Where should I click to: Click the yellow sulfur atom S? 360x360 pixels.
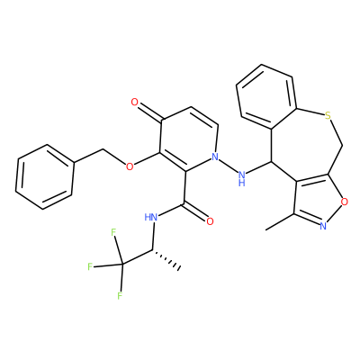(328, 115)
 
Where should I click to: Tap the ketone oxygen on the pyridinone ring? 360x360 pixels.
(135, 103)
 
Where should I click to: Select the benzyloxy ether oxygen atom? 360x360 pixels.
(130, 166)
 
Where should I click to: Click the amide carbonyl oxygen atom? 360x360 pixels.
(210, 221)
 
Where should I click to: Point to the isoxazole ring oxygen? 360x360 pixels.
(345, 202)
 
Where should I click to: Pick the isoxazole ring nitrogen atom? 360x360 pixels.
(323, 226)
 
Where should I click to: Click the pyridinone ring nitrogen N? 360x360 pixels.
(214, 157)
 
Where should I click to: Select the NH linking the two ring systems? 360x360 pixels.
(242, 177)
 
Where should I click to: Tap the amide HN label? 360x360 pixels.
(150, 217)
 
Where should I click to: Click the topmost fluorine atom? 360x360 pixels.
(113, 232)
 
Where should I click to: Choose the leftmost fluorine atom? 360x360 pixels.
(90, 266)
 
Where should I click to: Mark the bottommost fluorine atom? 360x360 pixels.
(120, 296)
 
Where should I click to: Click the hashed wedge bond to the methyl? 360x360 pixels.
(166, 258)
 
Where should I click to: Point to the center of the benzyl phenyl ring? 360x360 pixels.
(45, 177)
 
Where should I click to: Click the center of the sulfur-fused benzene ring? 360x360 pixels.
(265, 97)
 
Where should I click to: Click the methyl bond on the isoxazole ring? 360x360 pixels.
(280, 222)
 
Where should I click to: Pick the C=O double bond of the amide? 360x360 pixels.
(194, 212)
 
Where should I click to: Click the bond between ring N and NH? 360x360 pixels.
(228, 166)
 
